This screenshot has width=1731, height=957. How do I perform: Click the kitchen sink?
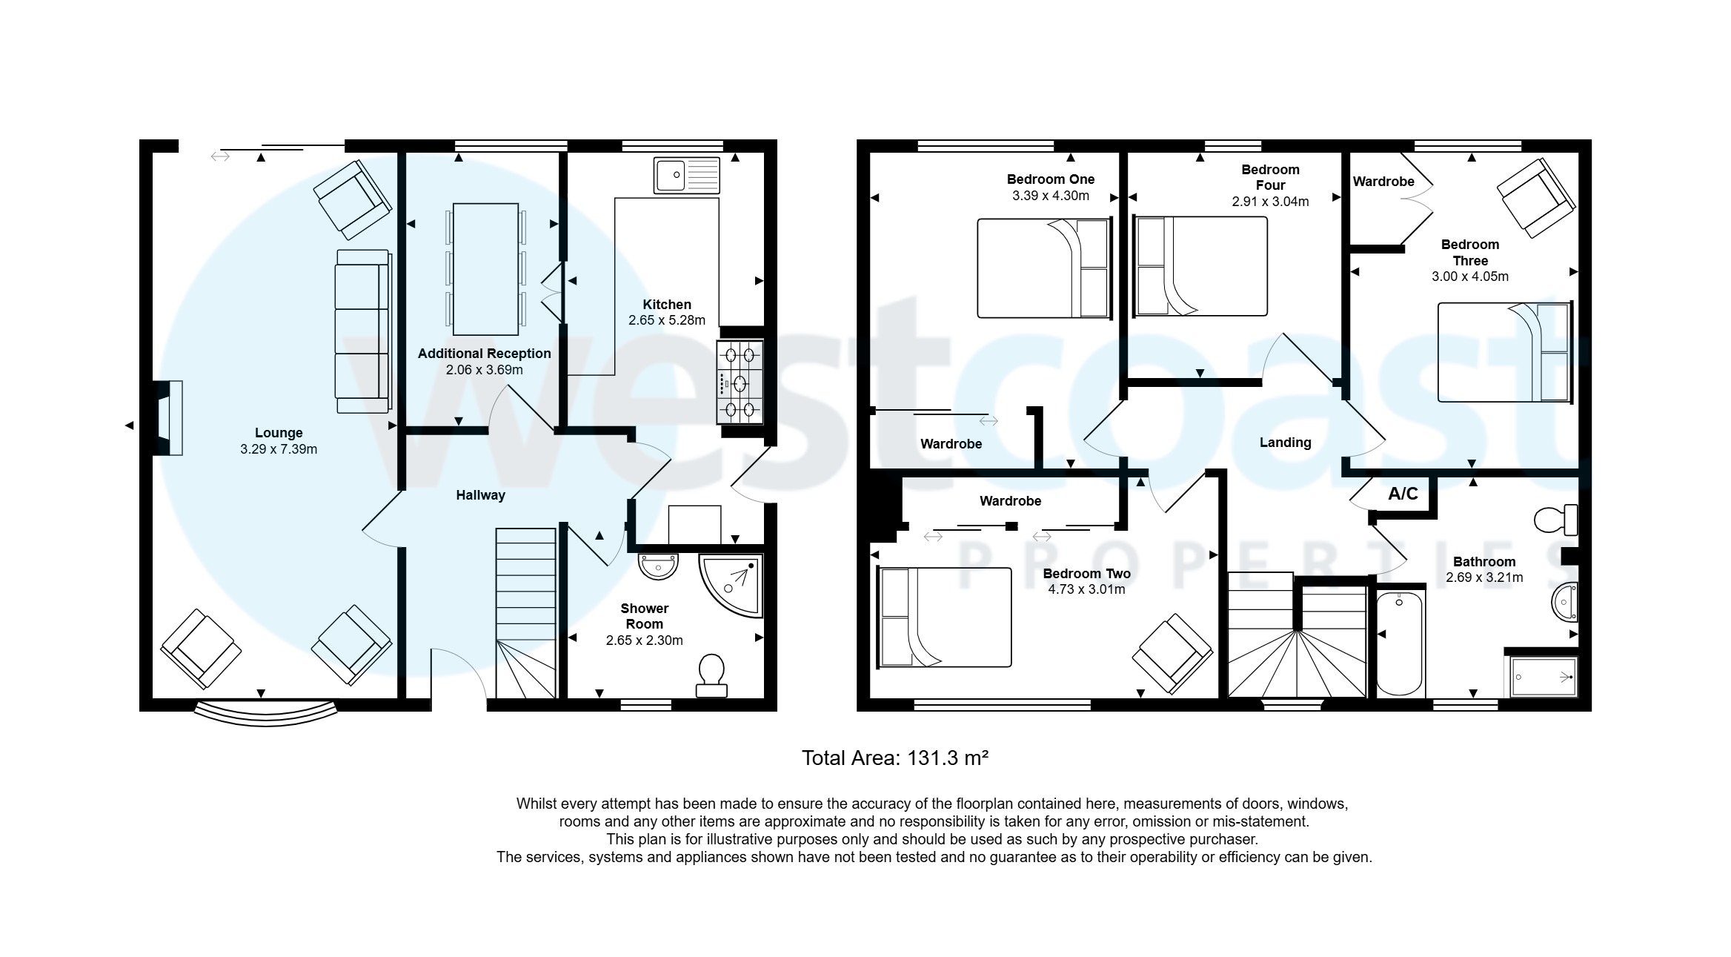click(x=686, y=176)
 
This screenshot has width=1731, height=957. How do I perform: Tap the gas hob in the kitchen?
click(x=740, y=382)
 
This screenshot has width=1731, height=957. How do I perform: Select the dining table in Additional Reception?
click(x=485, y=269)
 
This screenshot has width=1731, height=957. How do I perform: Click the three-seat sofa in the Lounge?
click(x=362, y=331)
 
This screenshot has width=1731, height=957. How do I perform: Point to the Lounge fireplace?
click(x=169, y=417)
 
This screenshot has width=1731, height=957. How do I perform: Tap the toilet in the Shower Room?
click(x=711, y=675)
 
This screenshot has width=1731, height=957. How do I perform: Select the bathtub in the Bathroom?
click(x=1399, y=643)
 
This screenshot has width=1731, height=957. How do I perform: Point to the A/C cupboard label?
click(x=1403, y=494)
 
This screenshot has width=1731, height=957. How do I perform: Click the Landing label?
click(x=1285, y=443)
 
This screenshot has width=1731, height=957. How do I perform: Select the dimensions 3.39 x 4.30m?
click(x=1050, y=196)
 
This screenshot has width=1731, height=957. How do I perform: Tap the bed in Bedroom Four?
click(x=1200, y=266)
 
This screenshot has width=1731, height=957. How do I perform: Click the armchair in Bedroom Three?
click(x=1535, y=197)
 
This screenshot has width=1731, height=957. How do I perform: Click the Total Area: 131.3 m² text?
click(x=894, y=758)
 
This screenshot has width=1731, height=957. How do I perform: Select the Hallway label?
click(x=480, y=495)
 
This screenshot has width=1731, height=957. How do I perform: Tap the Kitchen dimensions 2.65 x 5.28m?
click(x=666, y=320)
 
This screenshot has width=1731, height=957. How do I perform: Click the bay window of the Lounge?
click(x=265, y=713)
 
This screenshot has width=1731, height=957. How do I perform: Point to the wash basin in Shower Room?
click(x=658, y=566)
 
